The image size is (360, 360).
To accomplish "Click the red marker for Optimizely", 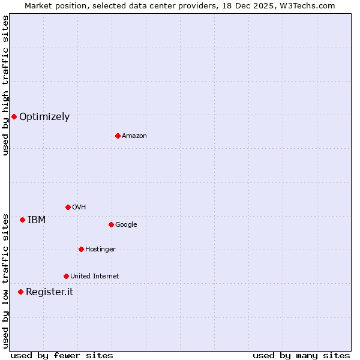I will click(14, 116).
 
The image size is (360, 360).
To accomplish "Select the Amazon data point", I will click(118, 136).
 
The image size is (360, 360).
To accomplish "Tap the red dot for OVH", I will click(68, 207).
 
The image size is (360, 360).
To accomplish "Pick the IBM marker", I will click(22, 220).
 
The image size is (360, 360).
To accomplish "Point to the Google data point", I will click(111, 224).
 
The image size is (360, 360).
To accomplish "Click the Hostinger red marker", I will click(81, 249).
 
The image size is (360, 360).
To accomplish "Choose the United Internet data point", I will click(66, 276).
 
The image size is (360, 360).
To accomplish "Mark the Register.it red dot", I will click(20, 292).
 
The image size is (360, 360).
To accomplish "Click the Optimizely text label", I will click(44, 117).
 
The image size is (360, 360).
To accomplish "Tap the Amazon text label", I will click(134, 136).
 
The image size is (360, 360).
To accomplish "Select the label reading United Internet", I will click(95, 277).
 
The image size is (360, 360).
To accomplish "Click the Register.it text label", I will click(49, 292).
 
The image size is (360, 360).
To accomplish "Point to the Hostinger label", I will click(100, 250).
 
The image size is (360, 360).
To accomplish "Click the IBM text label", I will click(37, 220).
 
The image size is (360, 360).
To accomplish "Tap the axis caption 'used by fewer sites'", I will click(62, 355).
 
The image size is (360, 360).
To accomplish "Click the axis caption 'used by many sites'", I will click(301, 355).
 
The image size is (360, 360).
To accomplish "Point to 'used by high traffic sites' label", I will click(5, 85).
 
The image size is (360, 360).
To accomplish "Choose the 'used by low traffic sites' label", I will click(5, 281).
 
